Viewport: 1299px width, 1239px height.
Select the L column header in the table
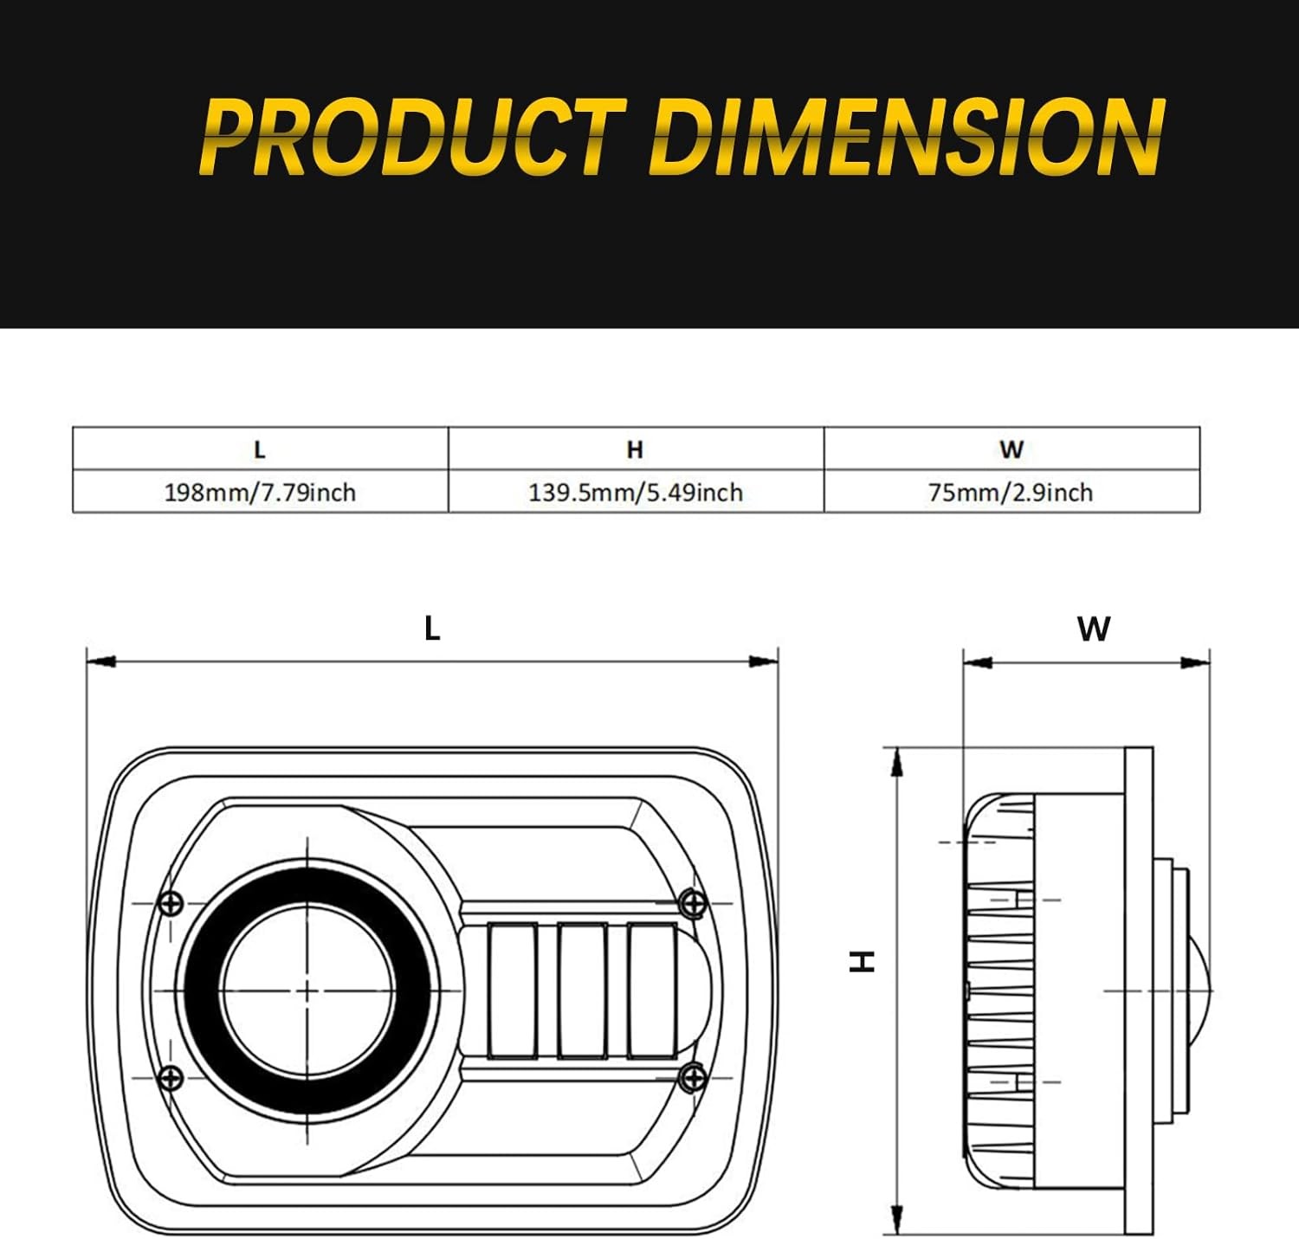(x=260, y=449)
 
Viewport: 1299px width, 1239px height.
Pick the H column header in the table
(x=635, y=449)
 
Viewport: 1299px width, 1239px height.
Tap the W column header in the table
(x=1011, y=449)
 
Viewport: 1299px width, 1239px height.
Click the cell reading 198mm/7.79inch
(x=260, y=493)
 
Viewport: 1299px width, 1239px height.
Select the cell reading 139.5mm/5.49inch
(x=636, y=493)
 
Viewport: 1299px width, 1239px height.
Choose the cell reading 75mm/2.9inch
(x=1011, y=493)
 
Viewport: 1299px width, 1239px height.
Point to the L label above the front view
(x=432, y=628)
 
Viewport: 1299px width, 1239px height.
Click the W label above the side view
(x=1094, y=629)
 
